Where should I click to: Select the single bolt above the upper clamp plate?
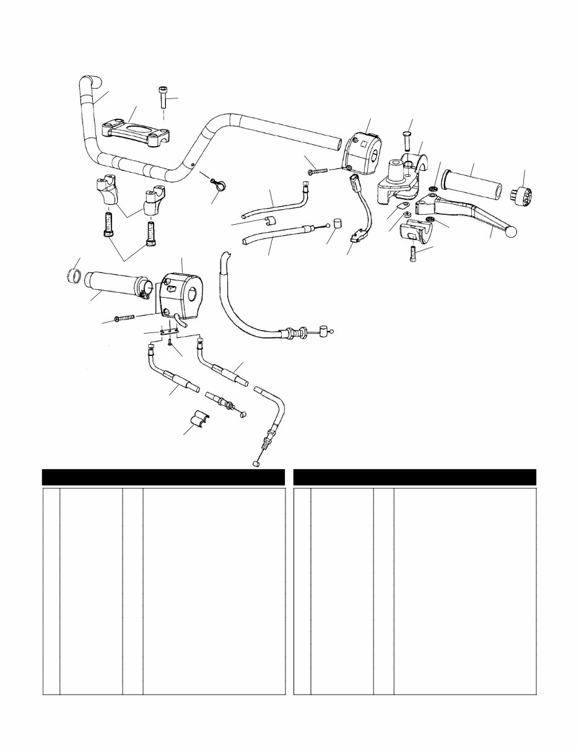163,98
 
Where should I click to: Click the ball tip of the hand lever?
511,232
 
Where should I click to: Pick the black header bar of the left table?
163,477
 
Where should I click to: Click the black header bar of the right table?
414,477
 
